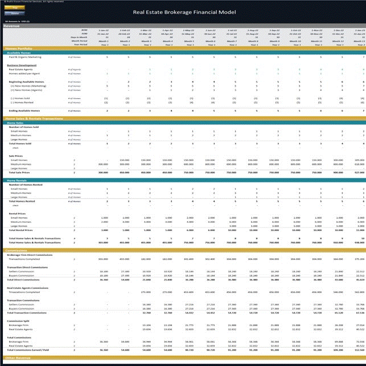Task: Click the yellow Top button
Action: (x=15, y=7)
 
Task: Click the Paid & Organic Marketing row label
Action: (x=25, y=57)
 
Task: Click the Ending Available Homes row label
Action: (x=24, y=110)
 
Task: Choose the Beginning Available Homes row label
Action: (x=26, y=82)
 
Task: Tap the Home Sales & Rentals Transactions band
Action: (x=34, y=118)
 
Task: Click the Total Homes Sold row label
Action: (x=22, y=143)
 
